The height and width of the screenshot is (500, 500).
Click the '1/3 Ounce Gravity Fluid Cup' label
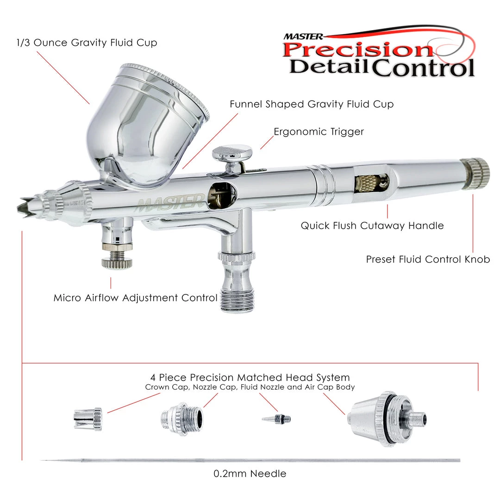point(87,43)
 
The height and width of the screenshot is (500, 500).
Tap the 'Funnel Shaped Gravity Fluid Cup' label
point(312,104)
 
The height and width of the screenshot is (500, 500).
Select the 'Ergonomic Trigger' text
point(319,131)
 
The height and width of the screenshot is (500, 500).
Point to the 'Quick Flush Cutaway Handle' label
point(372,226)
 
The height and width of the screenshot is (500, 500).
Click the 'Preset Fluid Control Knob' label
point(428,259)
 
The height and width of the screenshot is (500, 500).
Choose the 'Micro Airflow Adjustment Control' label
point(135,298)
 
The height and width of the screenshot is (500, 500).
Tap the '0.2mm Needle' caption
point(250,474)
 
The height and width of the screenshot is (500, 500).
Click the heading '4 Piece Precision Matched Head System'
point(250,378)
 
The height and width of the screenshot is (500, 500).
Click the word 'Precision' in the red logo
point(357,50)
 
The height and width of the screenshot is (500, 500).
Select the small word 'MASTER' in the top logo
point(303,37)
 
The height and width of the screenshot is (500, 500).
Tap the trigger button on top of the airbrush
point(232,152)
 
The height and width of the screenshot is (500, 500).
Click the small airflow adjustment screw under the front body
point(117,258)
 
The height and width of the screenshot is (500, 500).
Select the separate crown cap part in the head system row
point(87,419)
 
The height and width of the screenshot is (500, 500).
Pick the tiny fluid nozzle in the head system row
point(276,419)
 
